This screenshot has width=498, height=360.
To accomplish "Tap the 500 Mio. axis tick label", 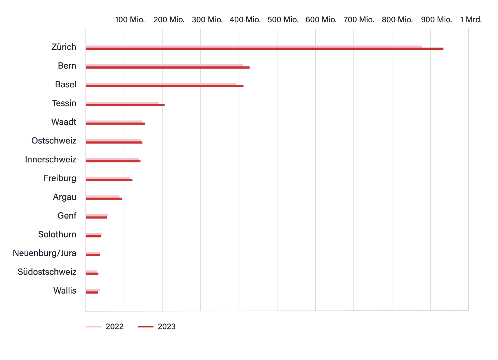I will pos(283,20).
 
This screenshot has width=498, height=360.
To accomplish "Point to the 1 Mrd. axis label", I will pos(471,20).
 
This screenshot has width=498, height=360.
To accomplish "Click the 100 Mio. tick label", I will pos(130,20).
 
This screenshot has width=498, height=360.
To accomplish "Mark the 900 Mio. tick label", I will pos(436,20).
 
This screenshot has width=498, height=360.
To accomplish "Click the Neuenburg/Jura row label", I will pos(44,253).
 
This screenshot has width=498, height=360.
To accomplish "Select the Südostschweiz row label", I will pos(47,272).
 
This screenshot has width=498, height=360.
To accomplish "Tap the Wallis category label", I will pos(65,291).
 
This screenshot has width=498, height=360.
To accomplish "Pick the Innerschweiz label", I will pos(51,159).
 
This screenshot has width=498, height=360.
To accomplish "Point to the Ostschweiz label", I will pos(54,141).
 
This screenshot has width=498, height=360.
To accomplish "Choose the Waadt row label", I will pos(64,122).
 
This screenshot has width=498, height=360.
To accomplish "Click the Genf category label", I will pos(67,216).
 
